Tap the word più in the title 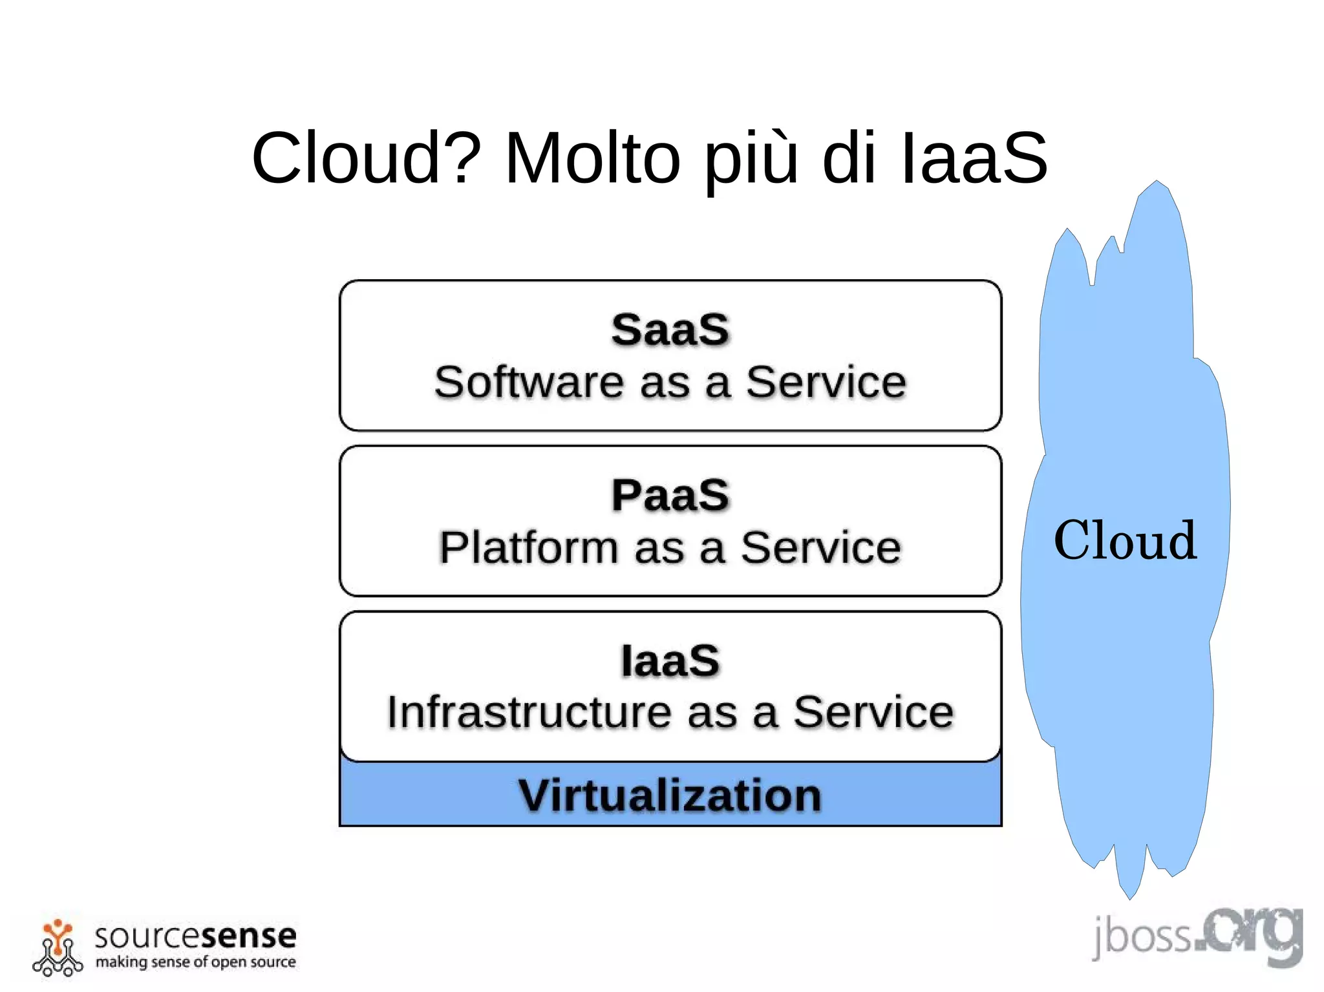pyautogui.click(x=750, y=160)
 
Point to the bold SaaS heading pyautogui.click(x=670, y=330)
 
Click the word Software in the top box pyautogui.click(x=529, y=382)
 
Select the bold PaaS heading pyautogui.click(x=670, y=495)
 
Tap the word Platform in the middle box pyautogui.click(x=529, y=547)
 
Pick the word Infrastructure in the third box pyautogui.click(x=529, y=713)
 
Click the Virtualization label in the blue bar pyautogui.click(x=670, y=795)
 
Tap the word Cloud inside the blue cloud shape pyautogui.click(x=1125, y=540)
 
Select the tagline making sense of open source pyautogui.click(x=195, y=962)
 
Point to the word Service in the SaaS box pyautogui.click(x=826, y=382)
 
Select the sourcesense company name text pyautogui.click(x=195, y=936)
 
